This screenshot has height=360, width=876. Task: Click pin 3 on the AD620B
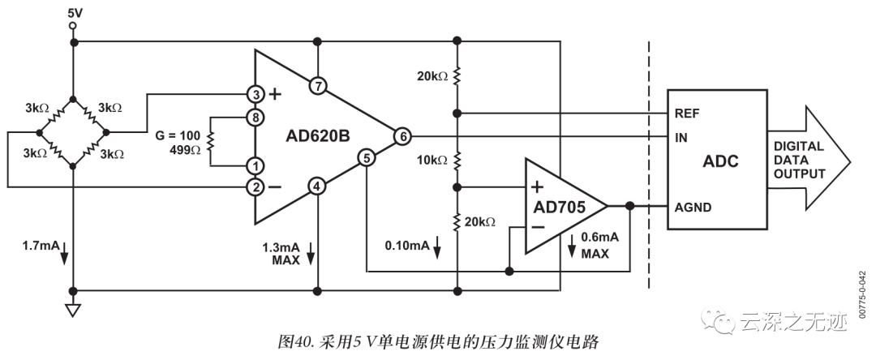click(x=255, y=94)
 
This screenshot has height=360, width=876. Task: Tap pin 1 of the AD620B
click(x=255, y=166)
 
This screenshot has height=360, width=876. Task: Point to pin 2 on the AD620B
click(x=255, y=188)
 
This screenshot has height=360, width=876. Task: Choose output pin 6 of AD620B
click(x=402, y=137)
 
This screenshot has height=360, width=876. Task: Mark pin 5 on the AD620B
click(x=367, y=159)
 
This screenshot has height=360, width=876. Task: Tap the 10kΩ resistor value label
click(x=431, y=161)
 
